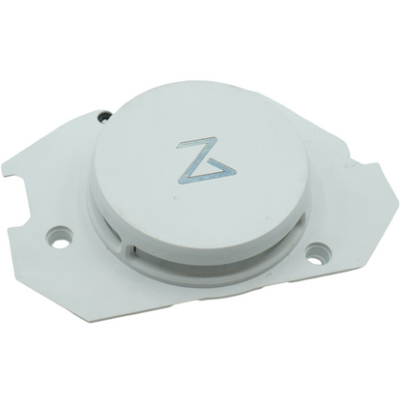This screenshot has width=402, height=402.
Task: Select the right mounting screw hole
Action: coord(316,258)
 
